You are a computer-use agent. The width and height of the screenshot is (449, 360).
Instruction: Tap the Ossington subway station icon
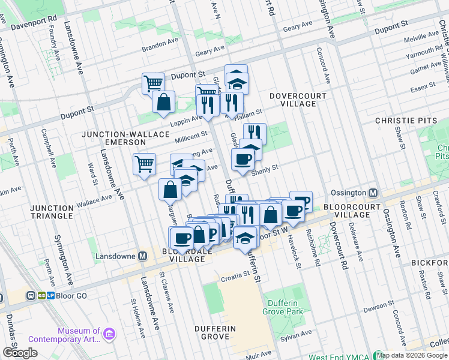[373, 193]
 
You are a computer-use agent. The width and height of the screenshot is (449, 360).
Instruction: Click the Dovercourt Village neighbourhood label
[298, 100]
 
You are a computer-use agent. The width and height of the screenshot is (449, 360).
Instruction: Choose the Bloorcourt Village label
[355, 210]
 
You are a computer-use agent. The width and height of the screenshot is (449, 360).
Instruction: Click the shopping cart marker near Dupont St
[154, 83]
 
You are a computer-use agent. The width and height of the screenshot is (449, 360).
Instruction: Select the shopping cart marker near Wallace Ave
[145, 163]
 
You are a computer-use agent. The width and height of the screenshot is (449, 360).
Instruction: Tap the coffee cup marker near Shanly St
[243, 159]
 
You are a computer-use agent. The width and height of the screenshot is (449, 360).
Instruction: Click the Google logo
[20, 353]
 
